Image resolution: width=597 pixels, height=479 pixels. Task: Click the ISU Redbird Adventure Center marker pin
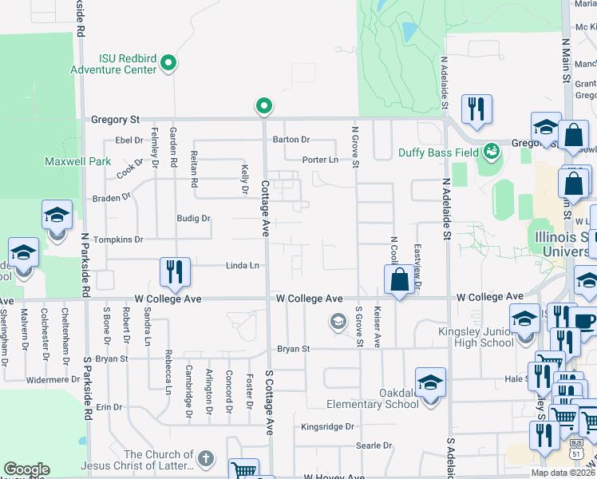tap(168, 62)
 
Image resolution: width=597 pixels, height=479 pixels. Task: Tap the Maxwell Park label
tap(89, 161)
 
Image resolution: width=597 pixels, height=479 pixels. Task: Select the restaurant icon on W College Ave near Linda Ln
tap(174, 272)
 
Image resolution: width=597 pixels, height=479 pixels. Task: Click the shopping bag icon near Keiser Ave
tap(398, 280)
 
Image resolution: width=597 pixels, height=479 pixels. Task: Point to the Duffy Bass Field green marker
tap(491, 149)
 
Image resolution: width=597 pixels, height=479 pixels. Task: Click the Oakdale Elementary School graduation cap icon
tap(430, 384)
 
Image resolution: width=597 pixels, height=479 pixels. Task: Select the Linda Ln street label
tap(243, 266)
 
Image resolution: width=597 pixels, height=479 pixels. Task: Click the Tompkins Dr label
tap(117, 239)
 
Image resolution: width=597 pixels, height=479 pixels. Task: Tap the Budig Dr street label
tap(193, 218)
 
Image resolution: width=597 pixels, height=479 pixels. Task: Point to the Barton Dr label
tap(291, 139)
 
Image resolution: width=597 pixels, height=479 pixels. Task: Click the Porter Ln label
tap(320, 160)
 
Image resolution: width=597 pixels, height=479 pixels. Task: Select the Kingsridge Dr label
tap(327, 427)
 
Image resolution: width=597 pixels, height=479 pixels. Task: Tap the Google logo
tap(26, 469)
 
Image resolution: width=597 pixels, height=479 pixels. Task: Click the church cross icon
tap(206, 457)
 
